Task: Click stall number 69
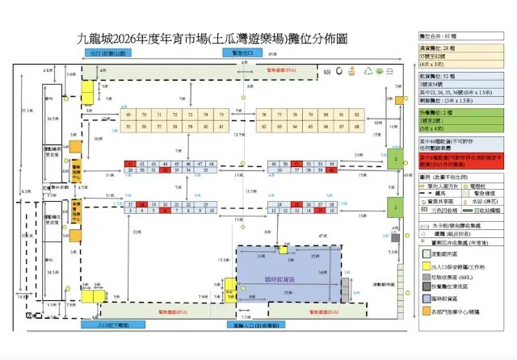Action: point(130,115)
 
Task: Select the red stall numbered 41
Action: point(130,164)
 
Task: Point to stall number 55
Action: point(130,127)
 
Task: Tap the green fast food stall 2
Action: point(395,159)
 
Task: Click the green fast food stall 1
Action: point(395,207)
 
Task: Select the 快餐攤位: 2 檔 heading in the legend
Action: point(440,111)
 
